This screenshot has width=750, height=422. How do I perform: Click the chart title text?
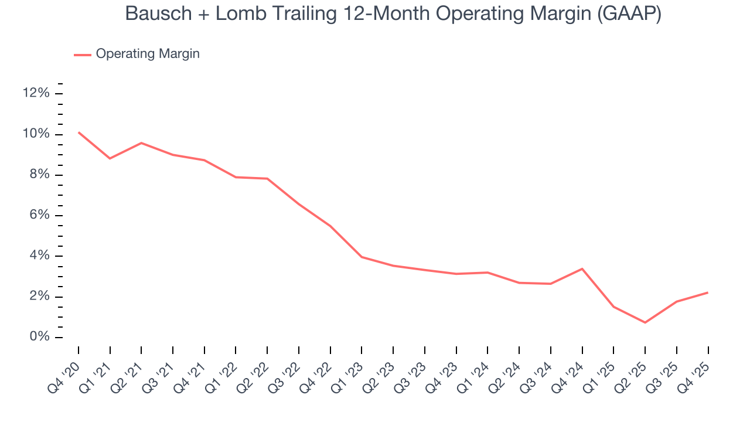[x=393, y=14]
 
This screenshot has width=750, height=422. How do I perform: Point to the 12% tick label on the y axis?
[x=35, y=94]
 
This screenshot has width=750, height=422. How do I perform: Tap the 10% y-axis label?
[x=35, y=134]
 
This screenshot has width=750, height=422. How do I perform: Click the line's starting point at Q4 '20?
[x=79, y=132]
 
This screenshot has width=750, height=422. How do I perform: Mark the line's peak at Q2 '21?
[x=141, y=143]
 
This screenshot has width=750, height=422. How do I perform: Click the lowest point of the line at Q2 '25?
[x=645, y=322]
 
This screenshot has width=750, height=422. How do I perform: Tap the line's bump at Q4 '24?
[x=582, y=268]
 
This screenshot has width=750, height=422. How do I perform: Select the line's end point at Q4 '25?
[x=708, y=292]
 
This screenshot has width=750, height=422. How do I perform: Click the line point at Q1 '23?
[x=362, y=257]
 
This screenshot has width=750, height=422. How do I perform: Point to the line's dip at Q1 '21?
[x=110, y=158]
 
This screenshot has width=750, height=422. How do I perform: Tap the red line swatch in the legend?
[x=82, y=55]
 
